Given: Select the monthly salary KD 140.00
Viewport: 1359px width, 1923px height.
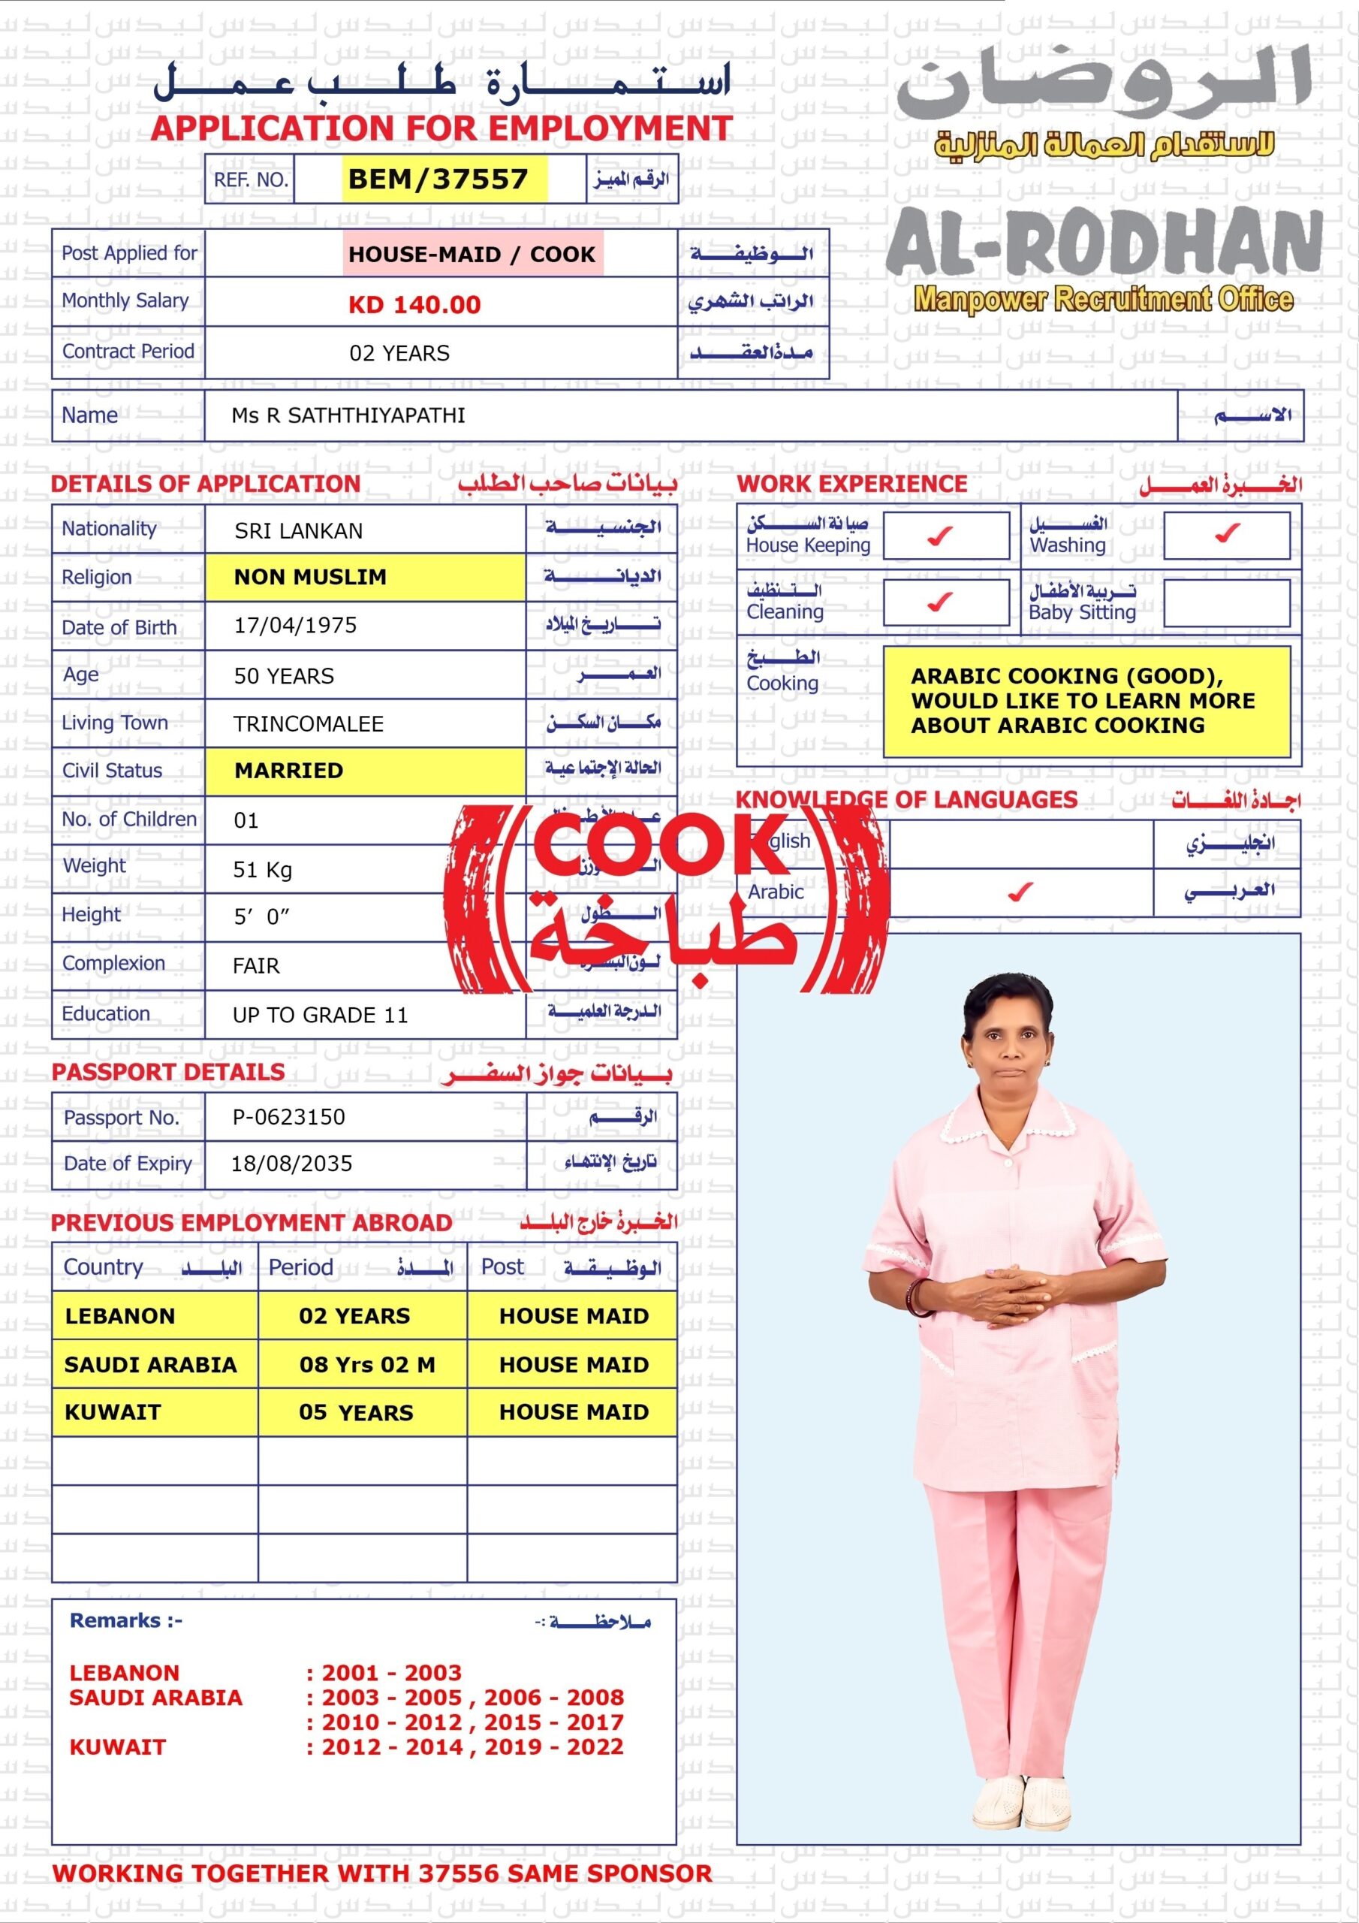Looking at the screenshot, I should point(414,305).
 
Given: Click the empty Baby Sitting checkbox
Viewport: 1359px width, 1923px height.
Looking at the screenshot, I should point(1226,603).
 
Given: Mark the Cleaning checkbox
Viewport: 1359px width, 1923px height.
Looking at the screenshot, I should point(945,602).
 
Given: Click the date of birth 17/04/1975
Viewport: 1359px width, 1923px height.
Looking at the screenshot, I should point(296,626).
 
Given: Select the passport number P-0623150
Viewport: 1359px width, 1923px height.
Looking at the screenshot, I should point(289,1116).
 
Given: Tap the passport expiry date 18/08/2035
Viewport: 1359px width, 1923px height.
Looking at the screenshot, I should point(291,1164).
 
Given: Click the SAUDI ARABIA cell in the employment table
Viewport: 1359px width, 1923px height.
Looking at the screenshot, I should point(151,1364).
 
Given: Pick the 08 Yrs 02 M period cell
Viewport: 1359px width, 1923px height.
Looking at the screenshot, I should point(366,1364).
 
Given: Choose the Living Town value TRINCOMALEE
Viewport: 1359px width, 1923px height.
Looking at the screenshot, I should point(308,723).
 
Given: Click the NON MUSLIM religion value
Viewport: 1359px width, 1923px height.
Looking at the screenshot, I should point(310,577).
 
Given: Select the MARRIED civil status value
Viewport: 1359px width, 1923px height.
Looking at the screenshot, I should point(288,771).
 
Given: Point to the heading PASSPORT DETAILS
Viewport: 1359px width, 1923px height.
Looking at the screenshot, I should point(168,1073).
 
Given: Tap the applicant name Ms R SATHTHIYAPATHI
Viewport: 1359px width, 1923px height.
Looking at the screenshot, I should point(348,415).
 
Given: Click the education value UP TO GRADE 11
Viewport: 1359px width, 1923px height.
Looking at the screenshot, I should point(320,1015).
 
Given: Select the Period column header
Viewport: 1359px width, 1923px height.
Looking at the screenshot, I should point(300,1267).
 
